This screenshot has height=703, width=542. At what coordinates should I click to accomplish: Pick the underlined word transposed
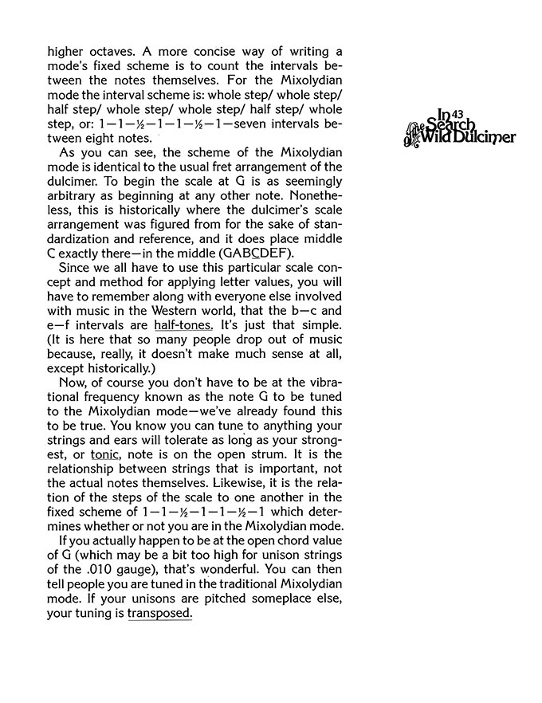pos(159,614)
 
